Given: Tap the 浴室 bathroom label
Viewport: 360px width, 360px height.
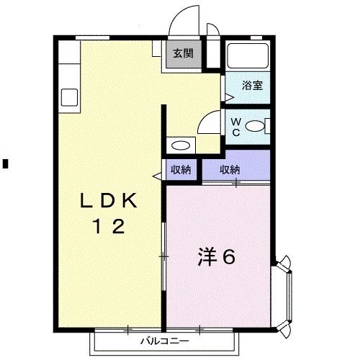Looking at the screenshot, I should [251, 85].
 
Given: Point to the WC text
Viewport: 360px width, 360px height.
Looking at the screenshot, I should [235, 127].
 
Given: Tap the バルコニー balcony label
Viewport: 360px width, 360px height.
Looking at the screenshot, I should [163, 338].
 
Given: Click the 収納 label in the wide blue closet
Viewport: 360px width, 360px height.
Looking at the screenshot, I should [229, 170].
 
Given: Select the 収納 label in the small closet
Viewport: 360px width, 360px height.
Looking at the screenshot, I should [180, 170].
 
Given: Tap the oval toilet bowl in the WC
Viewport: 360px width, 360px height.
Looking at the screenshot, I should [255, 127].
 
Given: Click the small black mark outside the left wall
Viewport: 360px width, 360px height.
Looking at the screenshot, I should [4, 162].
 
